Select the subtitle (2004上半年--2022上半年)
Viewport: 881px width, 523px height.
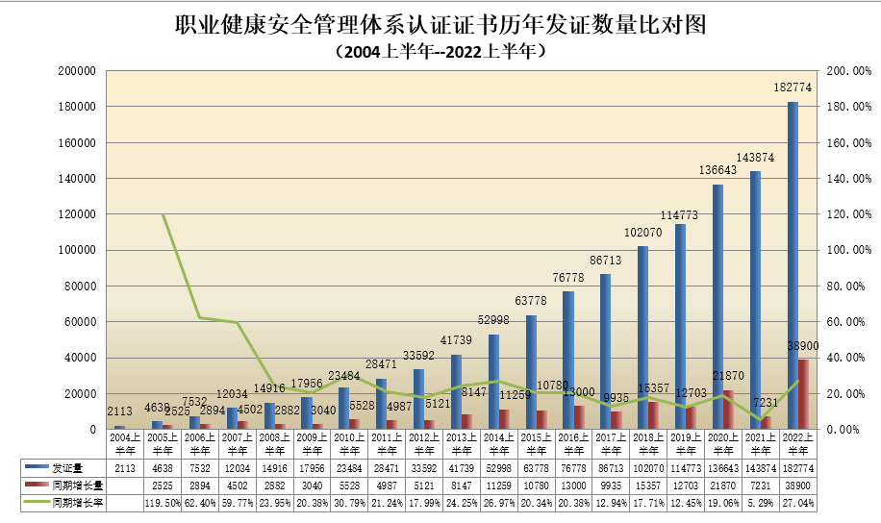440,51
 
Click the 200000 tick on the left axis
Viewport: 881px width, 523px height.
75,71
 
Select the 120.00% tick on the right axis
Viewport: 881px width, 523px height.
847,214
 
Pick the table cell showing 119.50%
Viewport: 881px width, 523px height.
163,501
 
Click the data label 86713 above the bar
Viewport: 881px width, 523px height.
605,261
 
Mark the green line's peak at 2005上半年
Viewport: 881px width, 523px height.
163,215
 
